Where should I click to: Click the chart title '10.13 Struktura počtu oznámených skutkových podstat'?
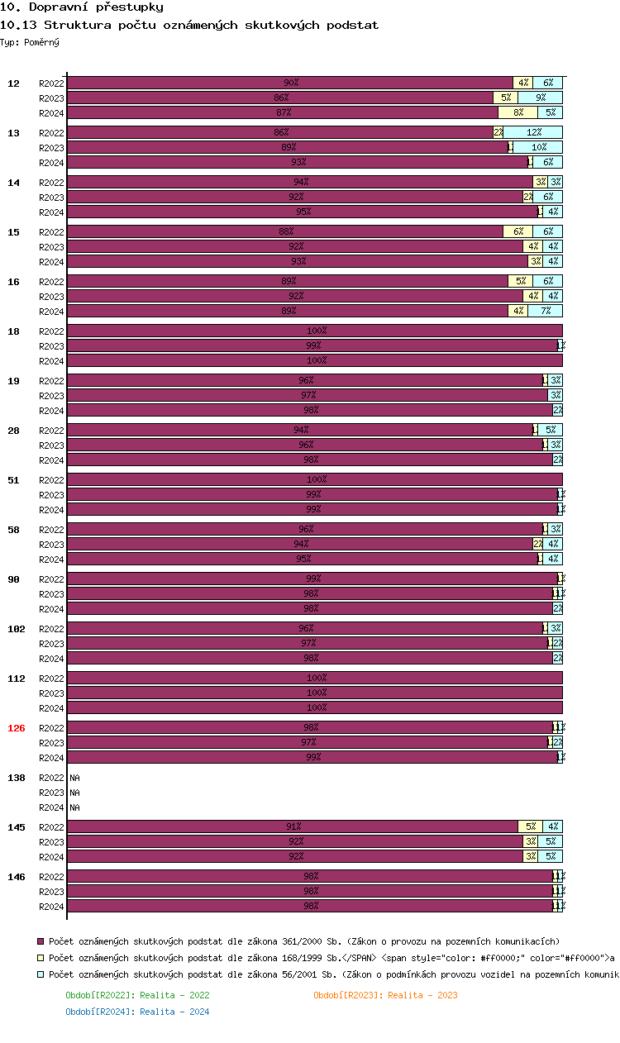point(190,25)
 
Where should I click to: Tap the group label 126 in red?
point(17,728)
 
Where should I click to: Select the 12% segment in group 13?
point(533,132)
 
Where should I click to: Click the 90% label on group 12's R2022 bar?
point(291,83)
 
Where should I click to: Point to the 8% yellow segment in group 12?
point(517,112)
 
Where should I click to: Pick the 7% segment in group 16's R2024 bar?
point(545,311)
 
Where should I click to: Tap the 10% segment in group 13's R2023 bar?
point(538,147)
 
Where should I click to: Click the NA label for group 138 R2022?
point(74,778)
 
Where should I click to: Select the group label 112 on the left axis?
point(17,679)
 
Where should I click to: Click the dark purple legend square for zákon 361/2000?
point(41,941)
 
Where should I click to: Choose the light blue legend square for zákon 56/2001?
point(41,974)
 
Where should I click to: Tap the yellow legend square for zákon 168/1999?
point(41,958)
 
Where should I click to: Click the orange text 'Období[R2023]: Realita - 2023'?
point(385,995)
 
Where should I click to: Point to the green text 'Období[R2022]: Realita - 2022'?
point(137,995)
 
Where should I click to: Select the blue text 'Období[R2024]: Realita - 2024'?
point(137,1012)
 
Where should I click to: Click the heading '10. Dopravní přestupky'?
point(75,7)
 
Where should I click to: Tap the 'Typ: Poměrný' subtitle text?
point(30,41)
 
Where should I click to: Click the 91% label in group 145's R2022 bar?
point(293,826)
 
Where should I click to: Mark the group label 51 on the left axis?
point(13,480)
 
